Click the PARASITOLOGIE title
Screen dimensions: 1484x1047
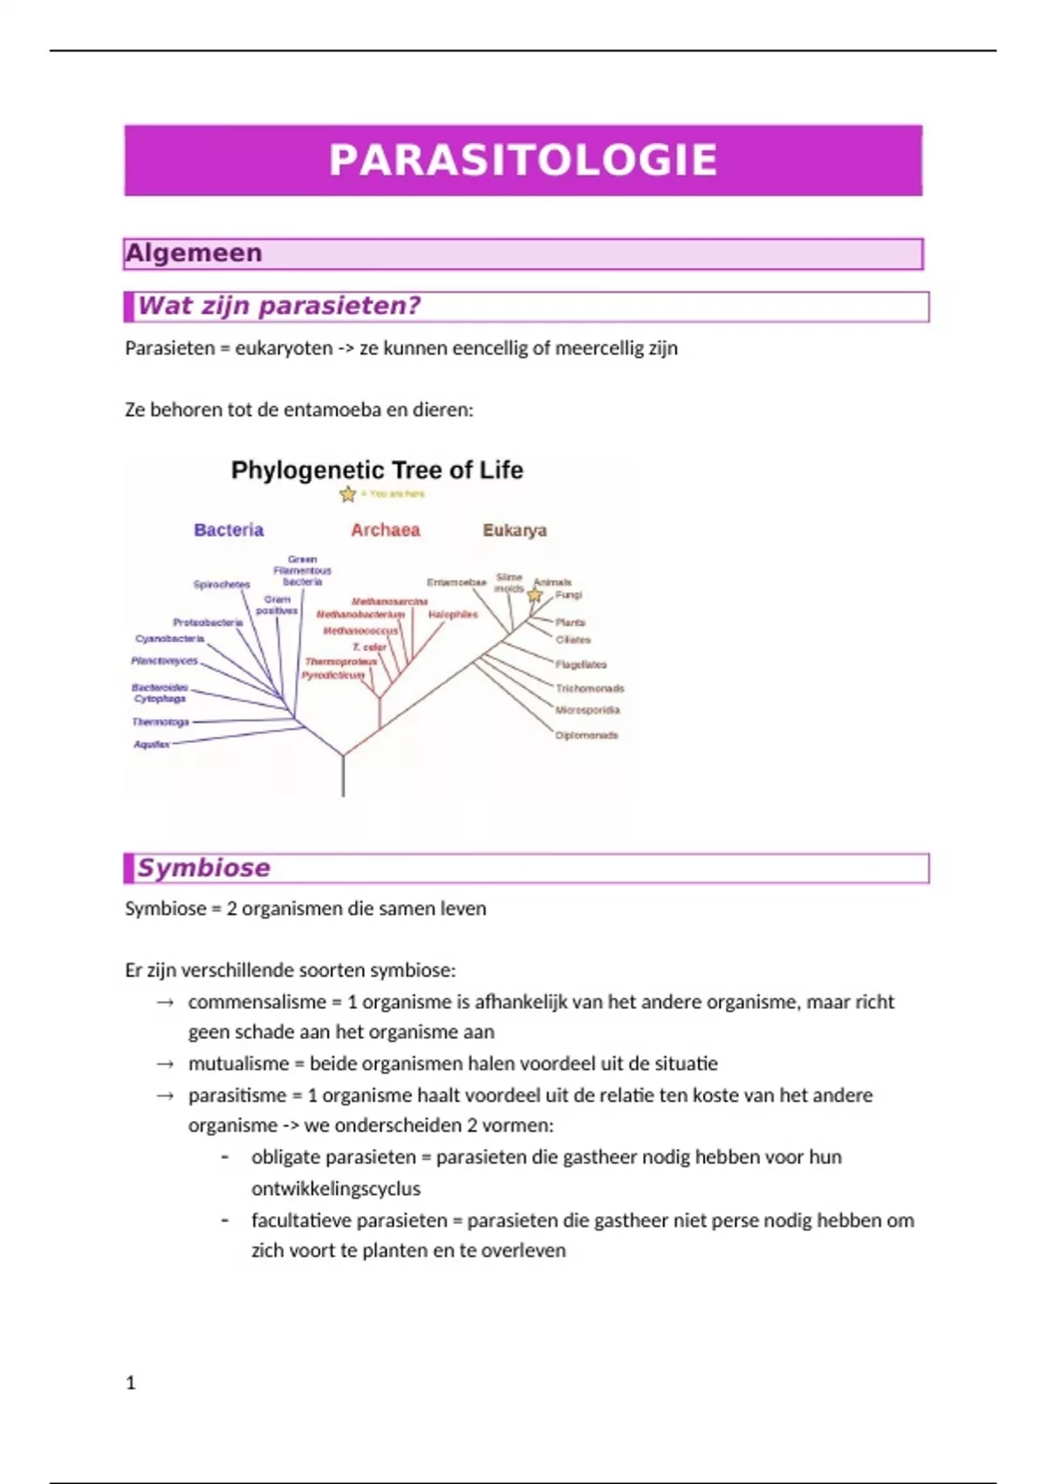(x=523, y=161)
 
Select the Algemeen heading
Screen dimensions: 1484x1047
(x=194, y=253)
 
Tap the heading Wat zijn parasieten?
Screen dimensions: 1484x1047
(x=279, y=306)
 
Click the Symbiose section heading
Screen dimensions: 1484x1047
(x=204, y=868)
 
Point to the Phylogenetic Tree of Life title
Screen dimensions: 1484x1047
(x=377, y=471)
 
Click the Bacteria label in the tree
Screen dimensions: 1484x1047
(x=229, y=530)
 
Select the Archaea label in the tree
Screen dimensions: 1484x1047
(x=386, y=530)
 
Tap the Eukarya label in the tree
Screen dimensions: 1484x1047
(x=515, y=530)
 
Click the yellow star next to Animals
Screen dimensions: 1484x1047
(x=535, y=595)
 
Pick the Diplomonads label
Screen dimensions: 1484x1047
(x=586, y=735)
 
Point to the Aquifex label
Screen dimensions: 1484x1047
(x=151, y=745)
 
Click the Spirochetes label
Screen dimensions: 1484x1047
(x=222, y=584)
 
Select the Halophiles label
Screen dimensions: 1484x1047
(x=453, y=615)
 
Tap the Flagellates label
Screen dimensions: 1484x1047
(x=581, y=664)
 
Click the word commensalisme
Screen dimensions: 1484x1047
(x=257, y=1002)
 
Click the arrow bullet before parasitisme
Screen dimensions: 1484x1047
(x=165, y=1096)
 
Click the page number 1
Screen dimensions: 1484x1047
(x=131, y=1383)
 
